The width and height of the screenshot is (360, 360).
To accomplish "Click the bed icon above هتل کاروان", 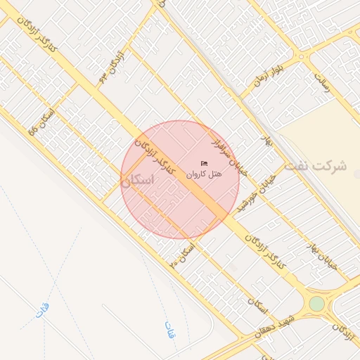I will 205,164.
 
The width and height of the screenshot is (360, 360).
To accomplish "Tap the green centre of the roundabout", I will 317,303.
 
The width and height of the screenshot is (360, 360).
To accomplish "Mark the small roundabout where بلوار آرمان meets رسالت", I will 302,56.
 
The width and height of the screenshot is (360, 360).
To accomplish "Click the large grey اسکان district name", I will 136,180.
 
